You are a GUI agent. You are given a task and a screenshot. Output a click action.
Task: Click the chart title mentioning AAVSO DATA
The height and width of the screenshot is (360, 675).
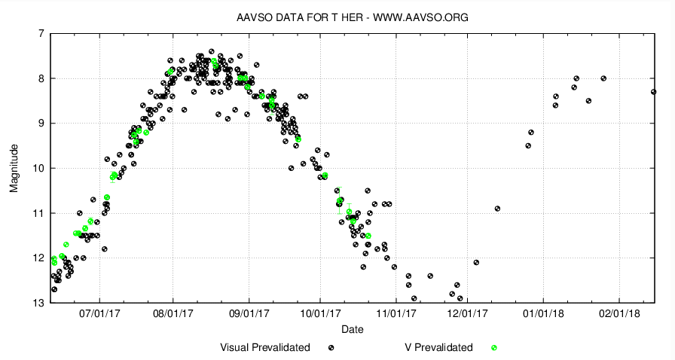(353, 17)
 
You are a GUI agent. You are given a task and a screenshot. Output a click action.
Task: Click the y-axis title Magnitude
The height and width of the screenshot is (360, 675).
(14, 168)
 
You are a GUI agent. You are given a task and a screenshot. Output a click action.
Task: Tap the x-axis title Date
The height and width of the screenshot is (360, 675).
(353, 329)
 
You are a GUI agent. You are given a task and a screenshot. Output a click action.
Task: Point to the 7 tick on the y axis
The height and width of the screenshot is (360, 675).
(40, 33)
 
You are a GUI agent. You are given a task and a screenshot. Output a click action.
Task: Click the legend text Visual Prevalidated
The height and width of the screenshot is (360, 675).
(265, 347)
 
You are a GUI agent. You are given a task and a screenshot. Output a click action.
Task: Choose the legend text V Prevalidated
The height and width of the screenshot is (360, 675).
(438, 347)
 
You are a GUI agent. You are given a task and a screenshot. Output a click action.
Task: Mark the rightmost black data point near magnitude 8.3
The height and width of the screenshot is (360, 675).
(653, 92)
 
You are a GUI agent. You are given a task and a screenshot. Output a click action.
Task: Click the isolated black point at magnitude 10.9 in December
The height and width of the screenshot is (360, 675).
(497, 208)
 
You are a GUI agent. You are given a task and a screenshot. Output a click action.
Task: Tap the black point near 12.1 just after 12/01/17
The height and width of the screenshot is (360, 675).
(476, 262)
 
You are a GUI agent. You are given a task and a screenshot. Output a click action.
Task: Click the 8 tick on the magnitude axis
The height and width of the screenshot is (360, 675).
(40, 78)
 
